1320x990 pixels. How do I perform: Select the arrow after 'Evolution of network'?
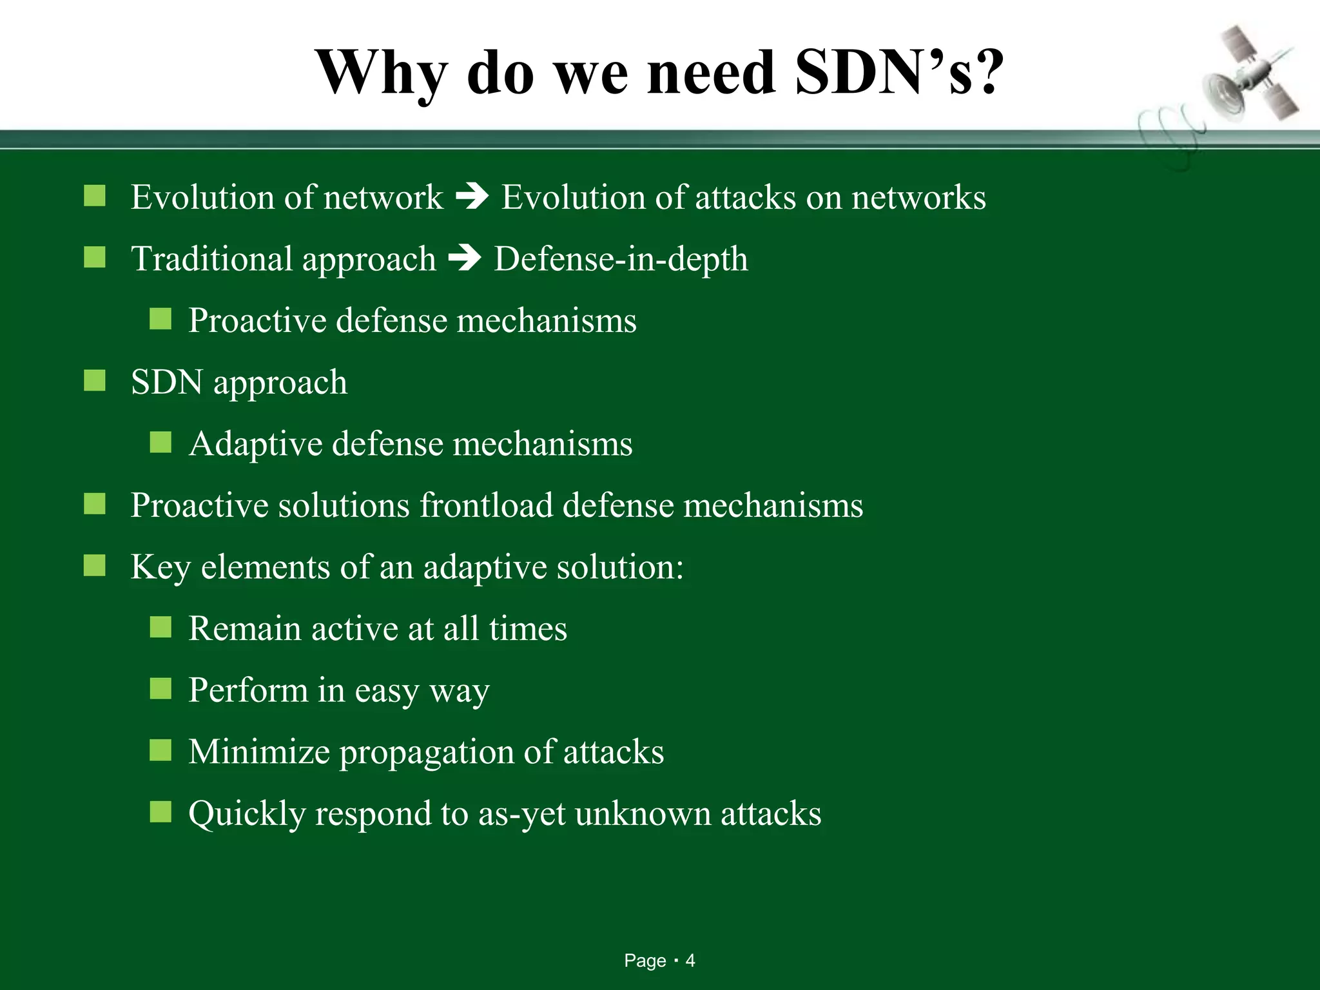pyautogui.click(x=472, y=197)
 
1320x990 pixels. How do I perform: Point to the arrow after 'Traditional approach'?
pyautogui.click(x=465, y=258)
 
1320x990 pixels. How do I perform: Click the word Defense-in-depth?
pyautogui.click(x=621, y=259)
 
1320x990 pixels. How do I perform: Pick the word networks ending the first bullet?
pyautogui.click(x=918, y=197)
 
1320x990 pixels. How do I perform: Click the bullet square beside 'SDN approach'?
pyautogui.click(x=95, y=381)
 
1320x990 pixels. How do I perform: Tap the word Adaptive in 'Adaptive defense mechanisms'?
pyautogui.click(x=255, y=444)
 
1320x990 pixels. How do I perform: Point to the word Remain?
pyautogui.click(x=244, y=628)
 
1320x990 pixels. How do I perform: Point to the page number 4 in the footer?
pyautogui.click(x=690, y=961)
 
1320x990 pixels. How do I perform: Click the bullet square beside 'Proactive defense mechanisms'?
pyautogui.click(x=160, y=319)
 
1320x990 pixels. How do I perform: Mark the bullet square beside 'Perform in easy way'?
pyautogui.click(x=160, y=689)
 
